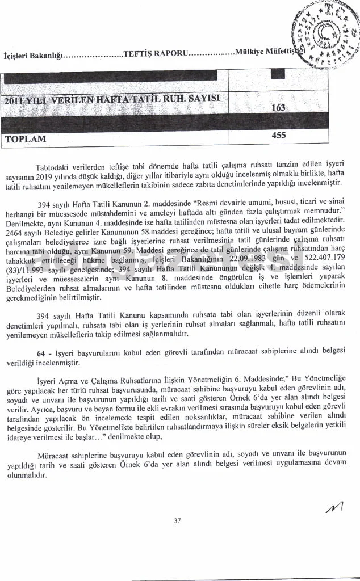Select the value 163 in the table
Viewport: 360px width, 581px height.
[x=278, y=107]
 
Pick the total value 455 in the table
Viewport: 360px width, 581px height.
[x=279, y=135]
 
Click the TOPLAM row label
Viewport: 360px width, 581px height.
[x=26, y=138]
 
